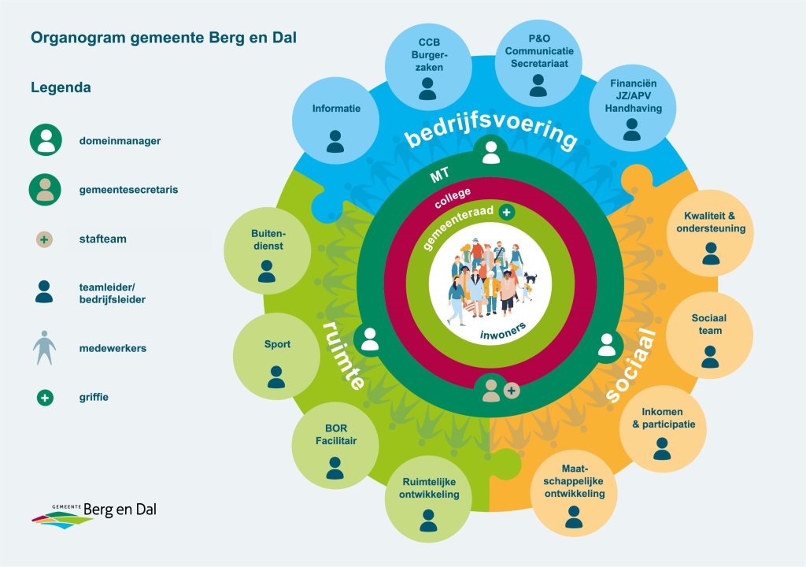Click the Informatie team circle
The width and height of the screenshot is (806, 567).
pos(335,121)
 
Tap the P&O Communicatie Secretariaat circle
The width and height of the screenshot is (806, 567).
pos(538,63)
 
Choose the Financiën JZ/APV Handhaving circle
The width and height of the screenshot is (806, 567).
pos(632,108)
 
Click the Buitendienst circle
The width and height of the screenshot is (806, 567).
pos(268,251)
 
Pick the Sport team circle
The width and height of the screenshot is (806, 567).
pos(276,356)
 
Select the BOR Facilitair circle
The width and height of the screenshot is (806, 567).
pos(335,445)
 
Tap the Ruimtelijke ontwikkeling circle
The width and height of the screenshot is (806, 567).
pos(428,499)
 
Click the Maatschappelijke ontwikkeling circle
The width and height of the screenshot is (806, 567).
pos(574,494)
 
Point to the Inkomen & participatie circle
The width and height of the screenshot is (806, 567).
pos(663,428)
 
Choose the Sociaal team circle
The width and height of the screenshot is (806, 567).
pos(709,335)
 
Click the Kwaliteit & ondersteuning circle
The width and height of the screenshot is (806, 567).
pos(711,233)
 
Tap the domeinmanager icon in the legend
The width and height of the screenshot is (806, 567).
pos(46,140)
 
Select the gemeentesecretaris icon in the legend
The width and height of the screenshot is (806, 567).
pos(45,189)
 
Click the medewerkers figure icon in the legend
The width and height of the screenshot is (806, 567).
pos(45,348)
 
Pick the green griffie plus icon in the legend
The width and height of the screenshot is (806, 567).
pos(45,397)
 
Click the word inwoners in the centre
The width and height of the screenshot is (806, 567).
pos(503,331)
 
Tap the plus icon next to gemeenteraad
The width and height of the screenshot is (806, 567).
pos(507,212)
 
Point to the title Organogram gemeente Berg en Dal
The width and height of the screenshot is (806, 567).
pos(164,38)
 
